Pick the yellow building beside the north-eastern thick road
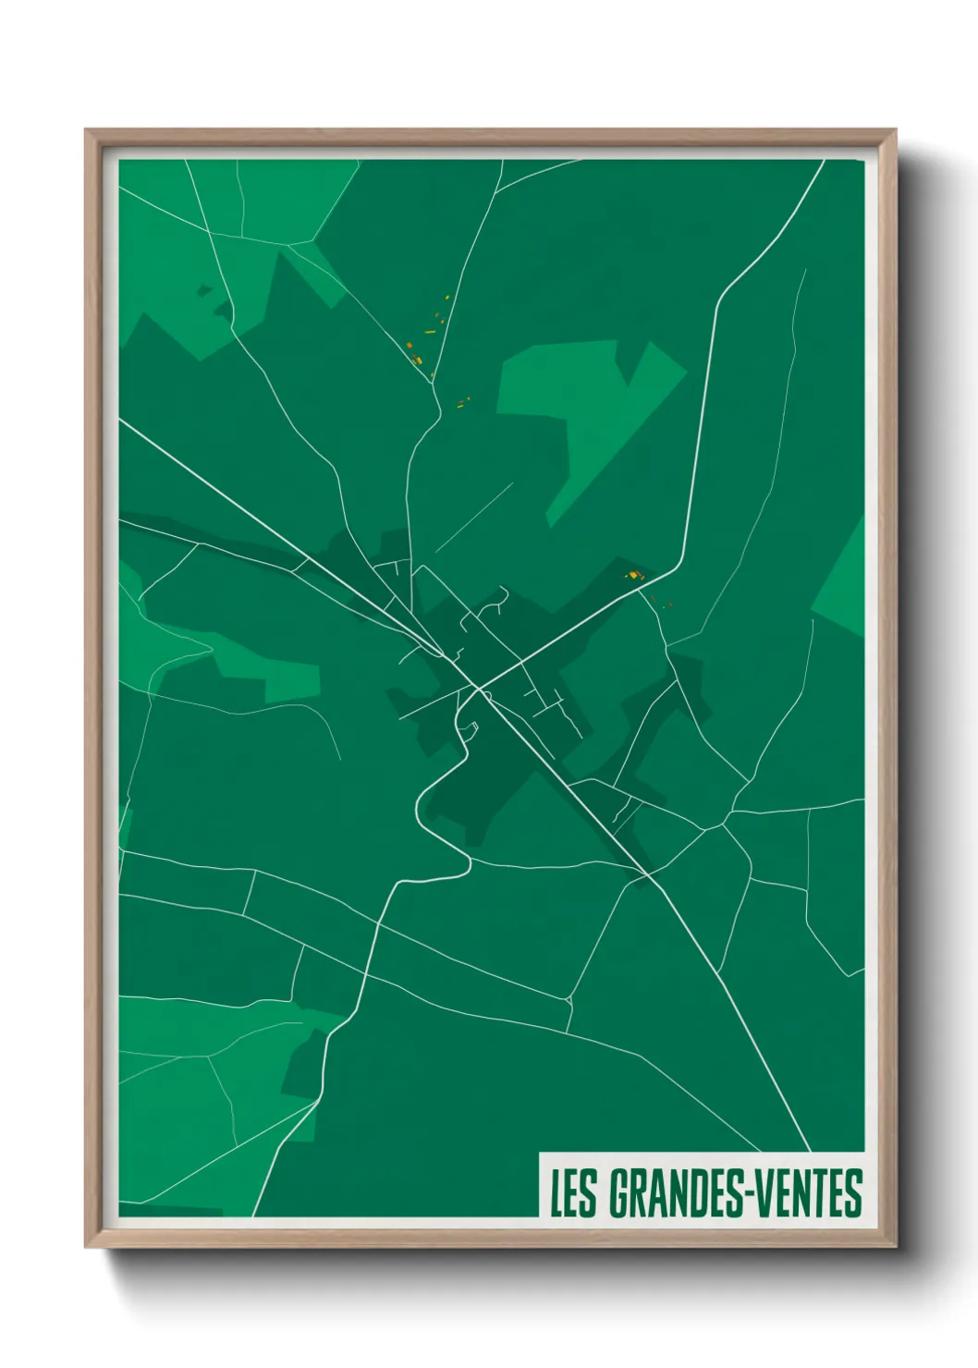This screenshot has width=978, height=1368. [633, 576]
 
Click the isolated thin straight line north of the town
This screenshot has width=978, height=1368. [473, 517]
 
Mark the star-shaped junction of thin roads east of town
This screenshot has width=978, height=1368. [728, 818]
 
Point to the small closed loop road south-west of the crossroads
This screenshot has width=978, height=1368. [467, 729]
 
